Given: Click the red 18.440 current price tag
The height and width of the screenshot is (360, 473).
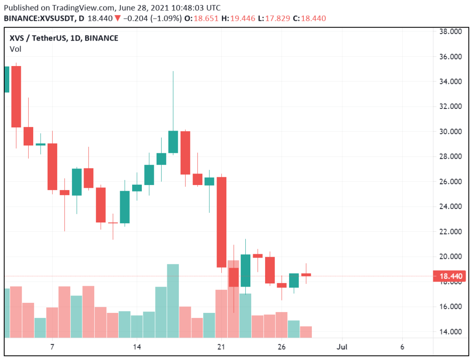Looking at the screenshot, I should point(449,276).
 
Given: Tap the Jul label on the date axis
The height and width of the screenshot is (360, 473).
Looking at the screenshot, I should point(342,347).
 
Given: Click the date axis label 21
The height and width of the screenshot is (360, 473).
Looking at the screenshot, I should point(221,347).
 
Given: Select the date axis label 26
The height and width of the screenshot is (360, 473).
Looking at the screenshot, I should point(282,347).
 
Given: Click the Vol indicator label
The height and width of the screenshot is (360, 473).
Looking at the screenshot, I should point(15,49).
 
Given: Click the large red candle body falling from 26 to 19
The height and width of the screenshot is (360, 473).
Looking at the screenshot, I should point(221,222).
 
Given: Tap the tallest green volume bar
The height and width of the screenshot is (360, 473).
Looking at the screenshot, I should point(173,300).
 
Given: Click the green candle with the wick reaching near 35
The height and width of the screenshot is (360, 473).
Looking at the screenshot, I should point(173,142).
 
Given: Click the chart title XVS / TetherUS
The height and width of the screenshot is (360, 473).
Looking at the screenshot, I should point(41,38).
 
